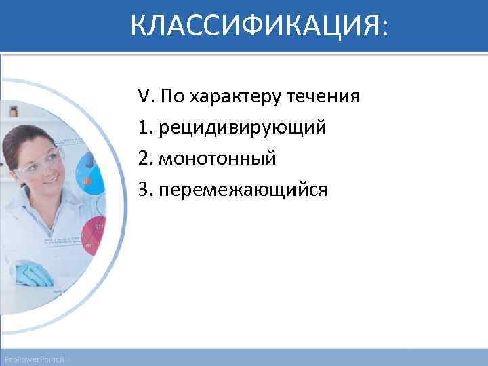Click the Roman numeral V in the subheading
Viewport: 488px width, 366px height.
pyautogui.click(x=143, y=96)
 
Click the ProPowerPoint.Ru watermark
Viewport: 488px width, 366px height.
pyautogui.click(x=40, y=358)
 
